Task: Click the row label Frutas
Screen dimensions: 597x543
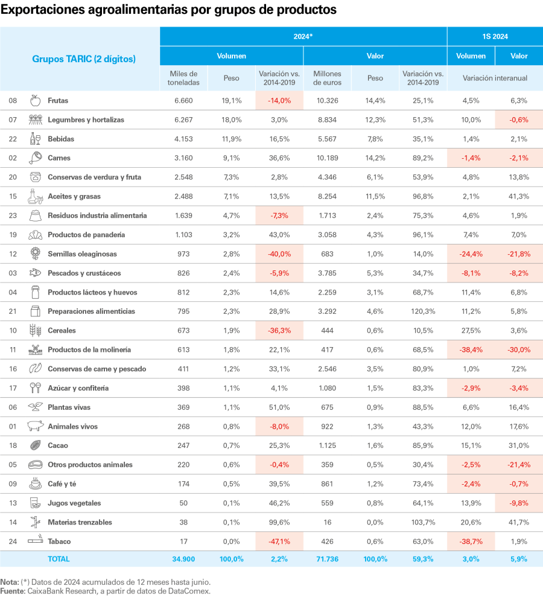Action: (x=58, y=100)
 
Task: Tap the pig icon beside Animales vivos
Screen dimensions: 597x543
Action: (x=36, y=426)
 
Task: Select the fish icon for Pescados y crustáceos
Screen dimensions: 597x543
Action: (x=36, y=273)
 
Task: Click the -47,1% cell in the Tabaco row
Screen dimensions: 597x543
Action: (x=279, y=541)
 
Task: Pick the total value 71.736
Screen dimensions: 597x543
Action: (x=328, y=559)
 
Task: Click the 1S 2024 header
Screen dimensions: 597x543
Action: (x=495, y=36)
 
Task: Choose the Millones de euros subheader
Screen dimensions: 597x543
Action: (x=328, y=78)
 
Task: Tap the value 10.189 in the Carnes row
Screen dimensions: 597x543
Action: (x=328, y=158)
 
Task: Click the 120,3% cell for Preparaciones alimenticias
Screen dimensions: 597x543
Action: (x=423, y=311)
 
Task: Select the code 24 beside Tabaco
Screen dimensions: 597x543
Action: (x=13, y=541)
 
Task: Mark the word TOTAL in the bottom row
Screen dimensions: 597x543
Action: (x=59, y=559)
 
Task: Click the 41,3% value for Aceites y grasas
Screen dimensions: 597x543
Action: (x=519, y=196)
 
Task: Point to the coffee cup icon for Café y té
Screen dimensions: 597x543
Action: (x=36, y=484)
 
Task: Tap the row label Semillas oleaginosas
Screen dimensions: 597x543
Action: (x=82, y=254)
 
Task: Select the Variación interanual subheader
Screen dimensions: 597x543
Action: (x=495, y=78)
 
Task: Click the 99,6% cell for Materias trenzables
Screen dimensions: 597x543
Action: (x=279, y=522)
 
